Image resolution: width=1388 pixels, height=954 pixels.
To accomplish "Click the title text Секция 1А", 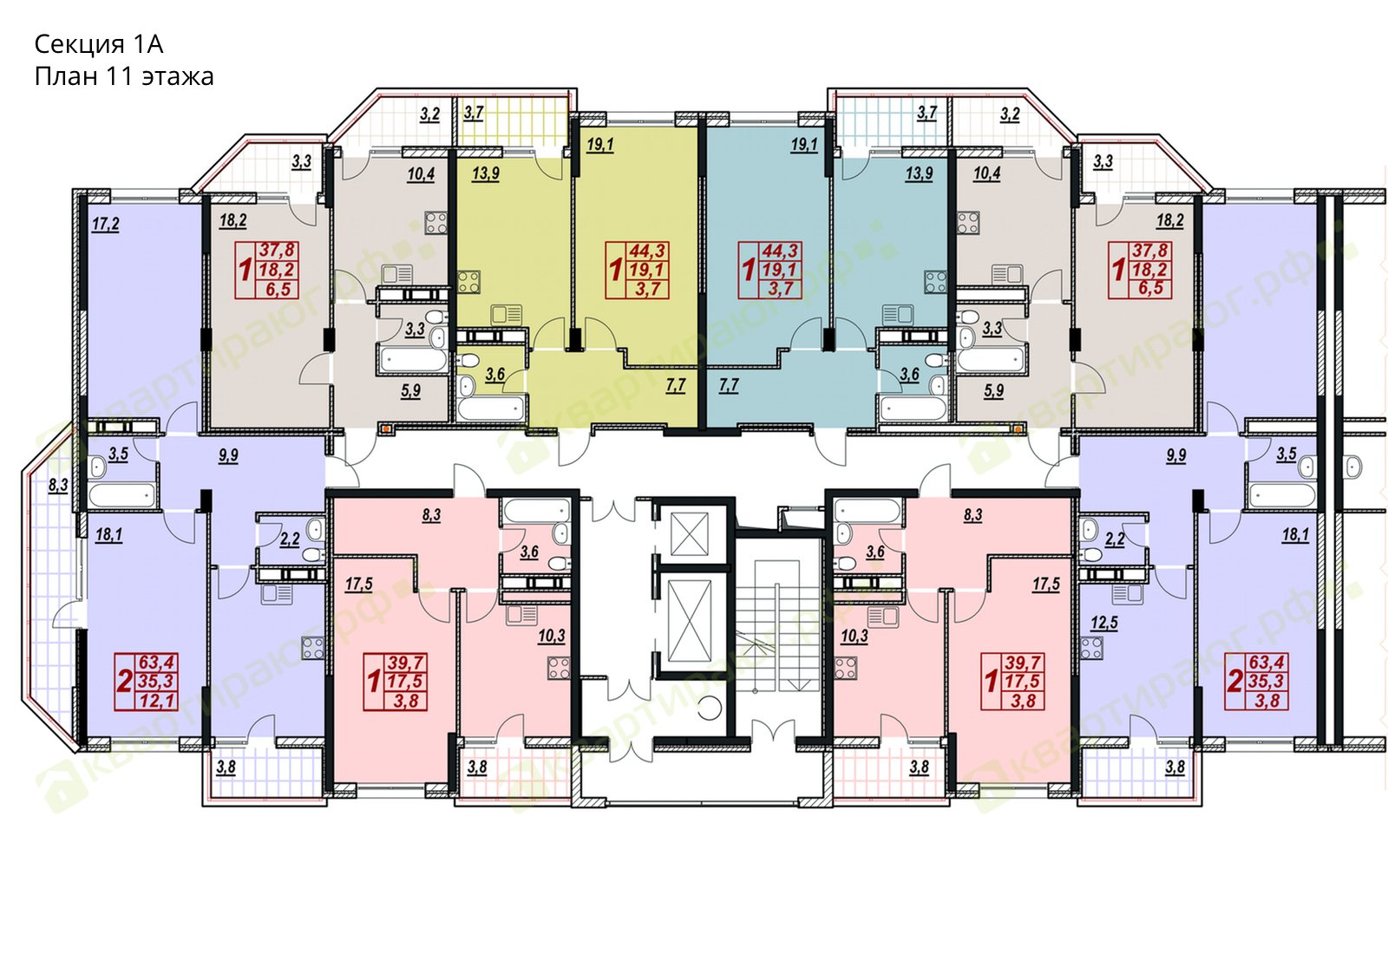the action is pos(99,44).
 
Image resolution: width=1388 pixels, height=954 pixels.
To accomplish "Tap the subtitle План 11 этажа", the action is pos(124,77).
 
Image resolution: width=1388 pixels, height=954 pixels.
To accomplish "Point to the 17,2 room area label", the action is pos(105,224).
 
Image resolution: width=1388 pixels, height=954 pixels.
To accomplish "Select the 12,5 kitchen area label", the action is pos(1104,622).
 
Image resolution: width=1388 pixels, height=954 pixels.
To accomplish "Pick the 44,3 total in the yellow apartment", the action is pos(647,251).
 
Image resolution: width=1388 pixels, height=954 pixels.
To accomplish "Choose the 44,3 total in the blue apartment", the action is pos(781,251).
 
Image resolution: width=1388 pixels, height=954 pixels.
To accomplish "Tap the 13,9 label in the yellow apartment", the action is pos(485,173).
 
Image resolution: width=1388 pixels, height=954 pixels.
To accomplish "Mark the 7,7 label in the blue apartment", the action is pos(729,386).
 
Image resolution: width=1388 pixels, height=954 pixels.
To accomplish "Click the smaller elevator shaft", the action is pos(690,533).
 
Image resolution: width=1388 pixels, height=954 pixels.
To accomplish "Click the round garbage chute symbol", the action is pos(710,708).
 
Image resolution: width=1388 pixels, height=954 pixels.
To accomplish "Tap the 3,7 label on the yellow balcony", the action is pos(474,113).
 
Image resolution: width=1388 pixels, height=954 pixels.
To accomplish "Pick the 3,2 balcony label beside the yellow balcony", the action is pos(430,114).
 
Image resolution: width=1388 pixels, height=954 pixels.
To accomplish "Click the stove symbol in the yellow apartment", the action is pos(469,282).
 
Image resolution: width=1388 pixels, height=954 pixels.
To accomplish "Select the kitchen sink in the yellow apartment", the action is pos(507,316).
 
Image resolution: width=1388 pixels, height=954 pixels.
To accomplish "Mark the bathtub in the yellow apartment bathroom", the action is pos(491,409).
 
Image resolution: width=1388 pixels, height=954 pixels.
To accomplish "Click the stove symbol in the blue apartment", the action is pos(936,282).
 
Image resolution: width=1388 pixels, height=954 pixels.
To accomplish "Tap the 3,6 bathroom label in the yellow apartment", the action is pos(494,374).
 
